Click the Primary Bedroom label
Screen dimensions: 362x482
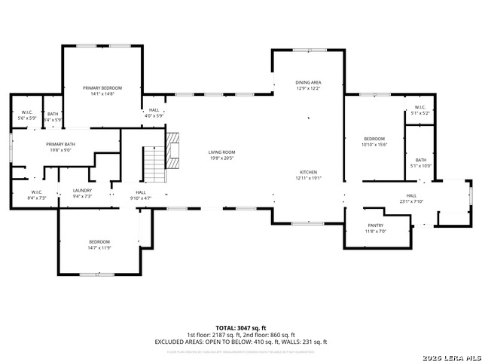102,88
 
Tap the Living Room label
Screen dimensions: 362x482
222,152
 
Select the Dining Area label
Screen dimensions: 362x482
308,82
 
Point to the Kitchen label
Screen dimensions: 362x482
308,172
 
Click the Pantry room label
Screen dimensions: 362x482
376,225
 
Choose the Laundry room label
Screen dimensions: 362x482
81,191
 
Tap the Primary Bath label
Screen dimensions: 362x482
59,144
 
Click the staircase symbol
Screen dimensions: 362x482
154,164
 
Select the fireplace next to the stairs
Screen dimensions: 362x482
173,150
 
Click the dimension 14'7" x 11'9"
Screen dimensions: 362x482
99,247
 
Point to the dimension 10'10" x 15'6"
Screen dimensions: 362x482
374,145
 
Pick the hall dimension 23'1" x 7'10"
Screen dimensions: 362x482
411,201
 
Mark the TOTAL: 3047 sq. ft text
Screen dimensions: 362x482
240,327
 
